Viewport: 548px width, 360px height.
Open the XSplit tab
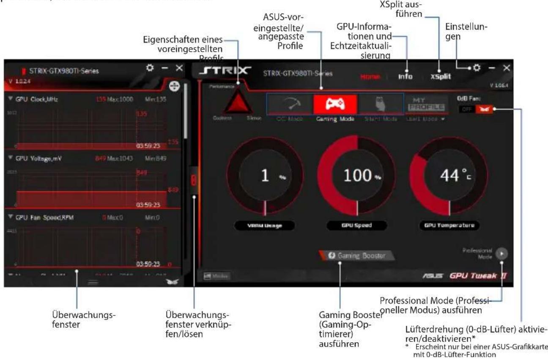pos(440,77)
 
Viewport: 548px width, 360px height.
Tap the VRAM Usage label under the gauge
pos(265,225)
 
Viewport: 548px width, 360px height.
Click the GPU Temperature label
pos(449,225)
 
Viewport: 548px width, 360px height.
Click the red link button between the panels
pos(194,181)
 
